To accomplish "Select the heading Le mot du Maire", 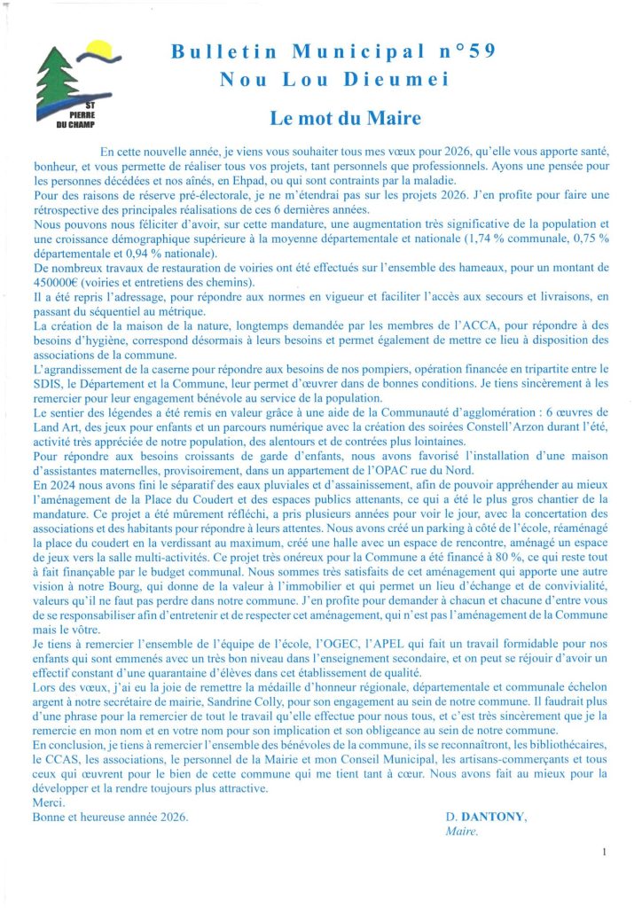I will tap(333, 116).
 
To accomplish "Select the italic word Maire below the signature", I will tap(461, 832).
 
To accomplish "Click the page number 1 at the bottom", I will tap(603, 852).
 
